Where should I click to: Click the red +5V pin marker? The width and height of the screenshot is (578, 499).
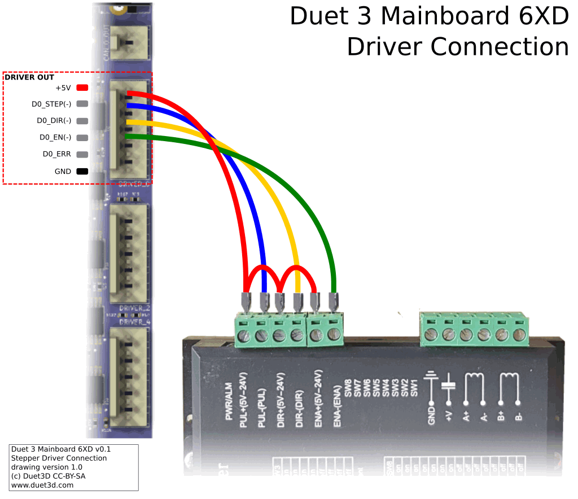tap(82, 88)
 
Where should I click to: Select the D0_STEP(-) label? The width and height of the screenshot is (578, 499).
tap(51, 104)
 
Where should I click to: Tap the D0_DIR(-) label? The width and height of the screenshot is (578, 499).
tap(54, 121)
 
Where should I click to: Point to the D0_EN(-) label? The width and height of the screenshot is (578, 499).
tap(55, 137)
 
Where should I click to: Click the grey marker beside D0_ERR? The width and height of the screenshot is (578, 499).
tap(82, 154)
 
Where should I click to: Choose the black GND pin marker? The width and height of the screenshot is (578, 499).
tap(82, 171)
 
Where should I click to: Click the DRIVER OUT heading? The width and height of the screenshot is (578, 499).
tap(29, 77)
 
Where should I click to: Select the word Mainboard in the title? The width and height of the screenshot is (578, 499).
tap(443, 16)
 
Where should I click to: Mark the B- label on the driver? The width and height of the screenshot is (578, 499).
tap(518, 418)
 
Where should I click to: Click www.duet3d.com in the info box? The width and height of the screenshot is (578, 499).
tap(42, 484)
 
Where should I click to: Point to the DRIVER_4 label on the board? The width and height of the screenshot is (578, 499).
tap(134, 322)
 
